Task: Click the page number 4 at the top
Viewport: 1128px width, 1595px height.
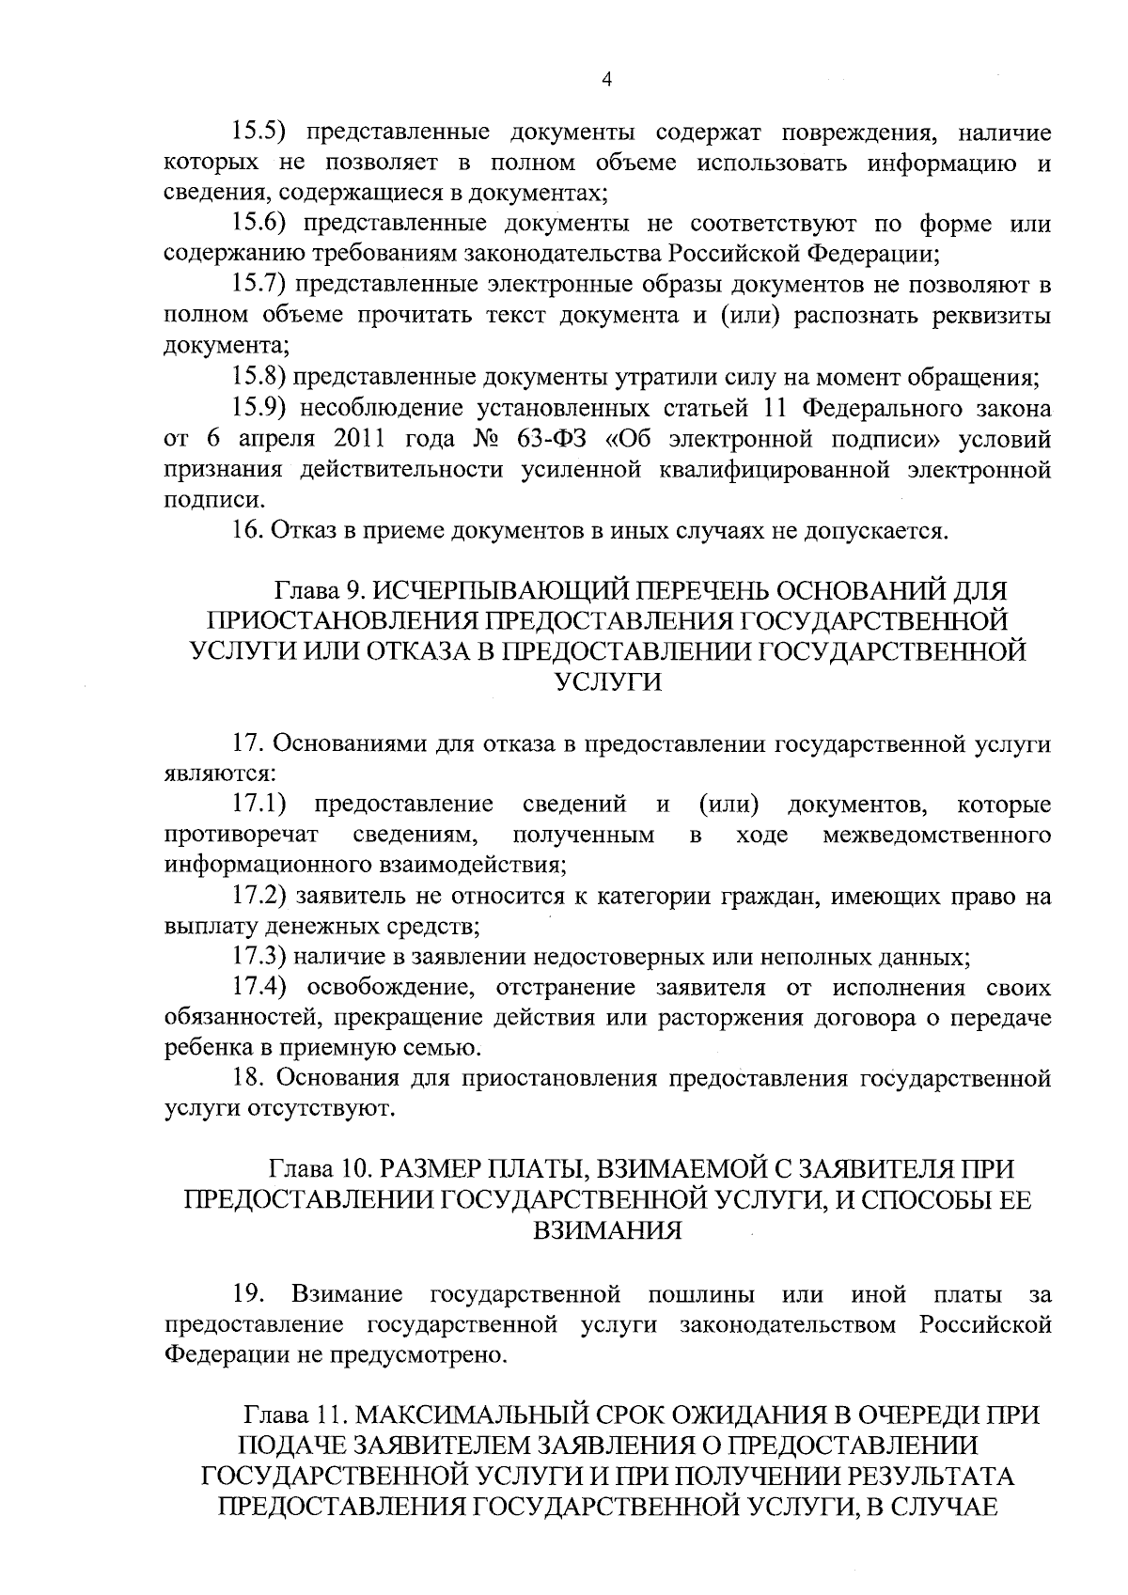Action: point(606,81)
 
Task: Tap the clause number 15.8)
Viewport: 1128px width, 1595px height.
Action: point(258,378)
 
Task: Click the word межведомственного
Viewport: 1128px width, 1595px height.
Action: point(936,835)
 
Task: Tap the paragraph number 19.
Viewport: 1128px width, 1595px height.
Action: point(248,1294)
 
